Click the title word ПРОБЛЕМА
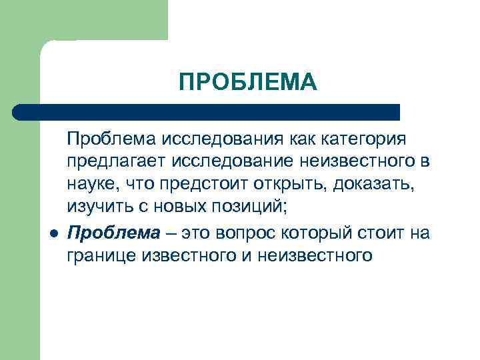pyautogui.click(x=248, y=82)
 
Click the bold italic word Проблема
pyautogui.click(x=114, y=233)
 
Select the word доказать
pyautogui.click(x=377, y=185)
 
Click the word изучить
pyautogui.click(x=98, y=208)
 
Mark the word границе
pyautogui.click(x=101, y=256)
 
